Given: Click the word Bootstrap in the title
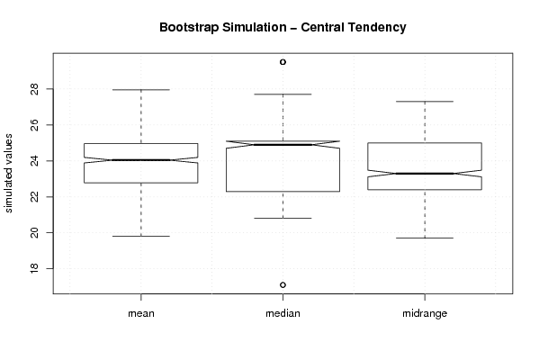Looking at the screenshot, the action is click(x=189, y=28).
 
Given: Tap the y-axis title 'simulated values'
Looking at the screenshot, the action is click(x=8, y=174).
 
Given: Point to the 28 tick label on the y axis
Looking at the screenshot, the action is click(x=34, y=89).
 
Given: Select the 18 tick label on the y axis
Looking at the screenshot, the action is click(x=34, y=268).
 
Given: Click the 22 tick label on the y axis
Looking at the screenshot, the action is click(x=34, y=196).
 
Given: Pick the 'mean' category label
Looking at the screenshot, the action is click(x=141, y=313).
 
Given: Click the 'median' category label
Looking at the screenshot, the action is click(x=283, y=313).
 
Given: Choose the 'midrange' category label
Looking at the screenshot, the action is click(x=425, y=313).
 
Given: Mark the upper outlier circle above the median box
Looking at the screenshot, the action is click(x=283, y=62).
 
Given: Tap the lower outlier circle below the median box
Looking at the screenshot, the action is click(x=283, y=284).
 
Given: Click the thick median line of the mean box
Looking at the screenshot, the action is click(x=141, y=160).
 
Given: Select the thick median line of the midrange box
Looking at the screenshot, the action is click(x=425, y=174).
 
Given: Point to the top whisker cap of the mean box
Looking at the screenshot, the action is click(x=141, y=90).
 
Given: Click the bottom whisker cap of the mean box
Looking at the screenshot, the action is click(x=141, y=236).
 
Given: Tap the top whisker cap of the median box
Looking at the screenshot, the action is click(x=283, y=94).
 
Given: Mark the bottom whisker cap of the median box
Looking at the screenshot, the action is click(x=283, y=218).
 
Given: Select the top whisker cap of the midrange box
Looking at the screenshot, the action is click(x=425, y=102).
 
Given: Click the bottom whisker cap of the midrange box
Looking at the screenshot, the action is click(x=425, y=238).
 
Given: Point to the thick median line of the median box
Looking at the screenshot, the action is click(x=283, y=144).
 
